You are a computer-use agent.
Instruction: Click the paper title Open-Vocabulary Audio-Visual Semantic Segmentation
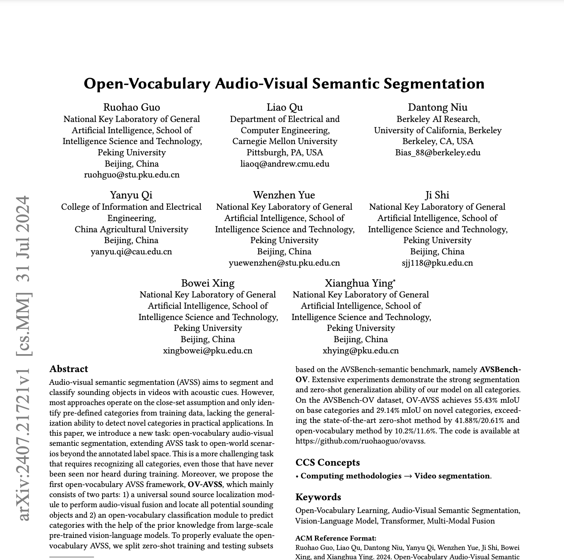click(x=284, y=84)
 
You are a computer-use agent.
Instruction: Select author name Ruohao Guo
click(x=132, y=107)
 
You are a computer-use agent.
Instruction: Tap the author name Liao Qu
click(x=285, y=107)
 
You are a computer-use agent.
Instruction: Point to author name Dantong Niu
click(x=438, y=107)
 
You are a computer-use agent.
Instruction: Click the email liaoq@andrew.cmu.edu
click(x=285, y=163)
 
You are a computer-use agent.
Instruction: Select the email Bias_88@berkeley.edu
click(x=438, y=152)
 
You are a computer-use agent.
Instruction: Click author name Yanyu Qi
click(x=131, y=195)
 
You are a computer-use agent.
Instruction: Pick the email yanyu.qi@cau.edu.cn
click(x=131, y=251)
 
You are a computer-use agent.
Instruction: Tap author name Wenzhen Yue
click(x=284, y=195)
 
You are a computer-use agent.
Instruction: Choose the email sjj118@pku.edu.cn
click(x=437, y=263)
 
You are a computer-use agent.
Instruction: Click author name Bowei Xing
click(x=208, y=283)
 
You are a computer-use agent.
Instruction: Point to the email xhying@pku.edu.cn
click(x=360, y=350)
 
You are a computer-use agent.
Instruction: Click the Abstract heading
click(x=69, y=369)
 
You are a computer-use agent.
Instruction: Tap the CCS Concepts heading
click(x=327, y=462)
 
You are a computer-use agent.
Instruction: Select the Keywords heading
click(x=318, y=497)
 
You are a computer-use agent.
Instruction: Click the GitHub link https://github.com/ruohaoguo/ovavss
click(x=360, y=441)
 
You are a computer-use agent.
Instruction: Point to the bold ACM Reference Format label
click(x=336, y=538)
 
